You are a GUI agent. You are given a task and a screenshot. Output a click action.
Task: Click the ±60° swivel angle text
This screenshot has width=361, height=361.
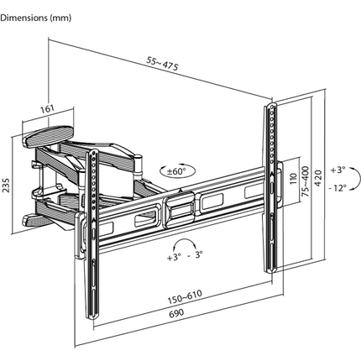point(176,170)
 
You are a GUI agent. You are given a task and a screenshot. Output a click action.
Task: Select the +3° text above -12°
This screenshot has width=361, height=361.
point(337,168)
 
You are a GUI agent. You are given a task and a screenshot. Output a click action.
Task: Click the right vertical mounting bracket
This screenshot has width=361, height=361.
point(271,185)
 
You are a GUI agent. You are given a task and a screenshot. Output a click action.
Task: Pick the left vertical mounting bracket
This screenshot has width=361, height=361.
point(94,235)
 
